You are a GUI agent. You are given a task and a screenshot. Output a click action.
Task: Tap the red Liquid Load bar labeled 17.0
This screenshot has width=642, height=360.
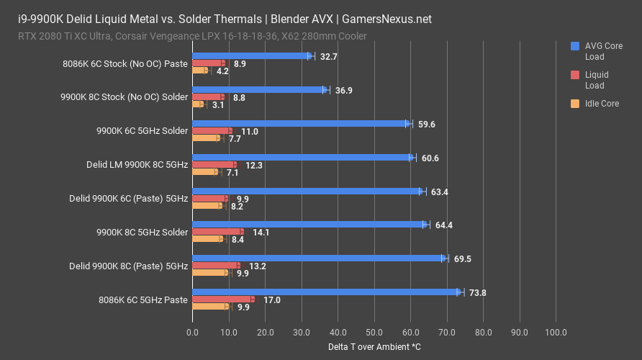[222, 299]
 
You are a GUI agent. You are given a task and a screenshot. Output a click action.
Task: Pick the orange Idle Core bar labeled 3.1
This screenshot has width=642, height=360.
[198, 104]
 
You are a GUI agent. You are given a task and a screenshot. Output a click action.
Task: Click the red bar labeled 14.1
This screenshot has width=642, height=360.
[217, 232]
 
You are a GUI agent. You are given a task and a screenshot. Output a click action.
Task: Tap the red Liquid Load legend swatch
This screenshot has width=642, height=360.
[574, 75]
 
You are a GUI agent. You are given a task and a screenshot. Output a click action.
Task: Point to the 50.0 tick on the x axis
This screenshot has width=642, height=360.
[374, 333]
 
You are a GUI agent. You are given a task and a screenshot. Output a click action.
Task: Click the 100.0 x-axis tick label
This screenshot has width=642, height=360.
[556, 333]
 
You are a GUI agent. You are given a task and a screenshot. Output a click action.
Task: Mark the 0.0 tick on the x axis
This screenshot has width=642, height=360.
[192, 333]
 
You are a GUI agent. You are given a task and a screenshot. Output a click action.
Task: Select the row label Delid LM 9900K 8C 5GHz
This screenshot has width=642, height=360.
[137, 165]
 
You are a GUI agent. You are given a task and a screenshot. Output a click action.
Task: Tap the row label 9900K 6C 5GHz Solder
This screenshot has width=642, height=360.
[142, 131]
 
